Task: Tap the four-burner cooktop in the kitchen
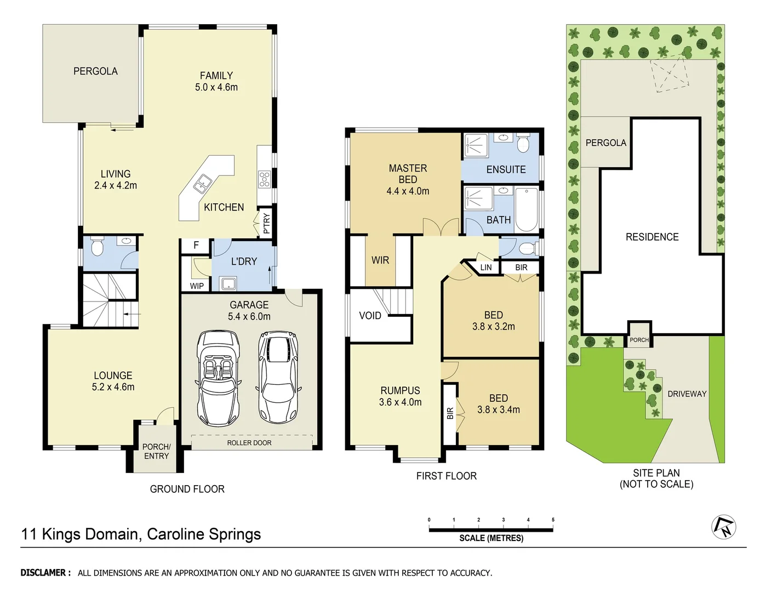click(x=264, y=179)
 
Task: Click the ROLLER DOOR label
click(x=249, y=443)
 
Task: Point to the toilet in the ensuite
click(x=523, y=144)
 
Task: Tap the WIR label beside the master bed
click(x=380, y=260)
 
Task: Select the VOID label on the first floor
click(x=370, y=316)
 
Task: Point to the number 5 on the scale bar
click(x=553, y=520)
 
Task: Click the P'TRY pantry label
click(x=266, y=224)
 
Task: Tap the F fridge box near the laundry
click(x=196, y=246)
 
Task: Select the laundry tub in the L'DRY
click(x=228, y=283)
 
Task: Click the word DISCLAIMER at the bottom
click(x=45, y=573)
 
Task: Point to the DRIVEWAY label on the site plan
click(x=687, y=394)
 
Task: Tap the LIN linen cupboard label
click(x=486, y=267)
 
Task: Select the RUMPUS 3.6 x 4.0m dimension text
click(x=400, y=402)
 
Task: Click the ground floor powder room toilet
click(x=97, y=247)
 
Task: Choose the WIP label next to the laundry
click(x=197, y=286)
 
